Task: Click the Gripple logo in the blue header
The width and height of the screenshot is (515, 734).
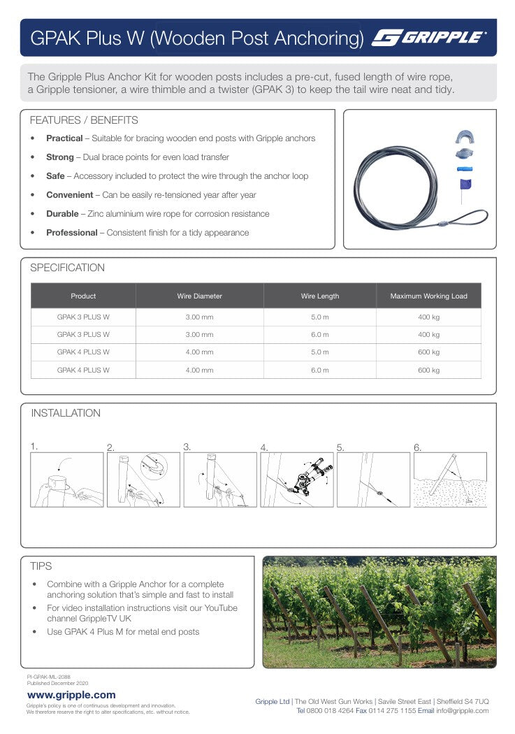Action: click(x=429, y=38)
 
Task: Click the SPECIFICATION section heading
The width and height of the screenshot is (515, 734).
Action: click(x=68, y=268)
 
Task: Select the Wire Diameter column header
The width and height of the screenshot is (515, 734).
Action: click(x=199, y=296)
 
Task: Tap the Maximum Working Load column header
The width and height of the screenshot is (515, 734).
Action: click(x=428, y=296)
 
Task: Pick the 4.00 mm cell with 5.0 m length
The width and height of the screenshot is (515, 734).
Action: click(x=199, y=352)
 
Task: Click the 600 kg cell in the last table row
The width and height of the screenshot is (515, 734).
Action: click(x=428, y=370)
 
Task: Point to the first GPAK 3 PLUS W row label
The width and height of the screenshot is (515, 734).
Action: click(x=83, y=317)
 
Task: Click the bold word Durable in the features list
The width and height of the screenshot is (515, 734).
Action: click(x=62, y=214)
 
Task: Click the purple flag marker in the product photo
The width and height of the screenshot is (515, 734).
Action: click(x=465, y=185)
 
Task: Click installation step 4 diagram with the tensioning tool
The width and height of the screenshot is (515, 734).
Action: click(x=296, y=480)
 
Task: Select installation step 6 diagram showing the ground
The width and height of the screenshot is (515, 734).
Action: click(x=450, y=480)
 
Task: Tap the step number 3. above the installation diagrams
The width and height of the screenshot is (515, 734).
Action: click(x=187, y=447)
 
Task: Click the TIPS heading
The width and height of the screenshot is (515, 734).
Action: click(x=41, y=566)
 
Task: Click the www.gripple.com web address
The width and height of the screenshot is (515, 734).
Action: click(x=71, y=695)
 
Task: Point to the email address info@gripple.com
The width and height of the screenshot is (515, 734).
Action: click(x=463, y=711)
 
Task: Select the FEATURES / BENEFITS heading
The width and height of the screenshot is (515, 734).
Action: click(x=84, y=120)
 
